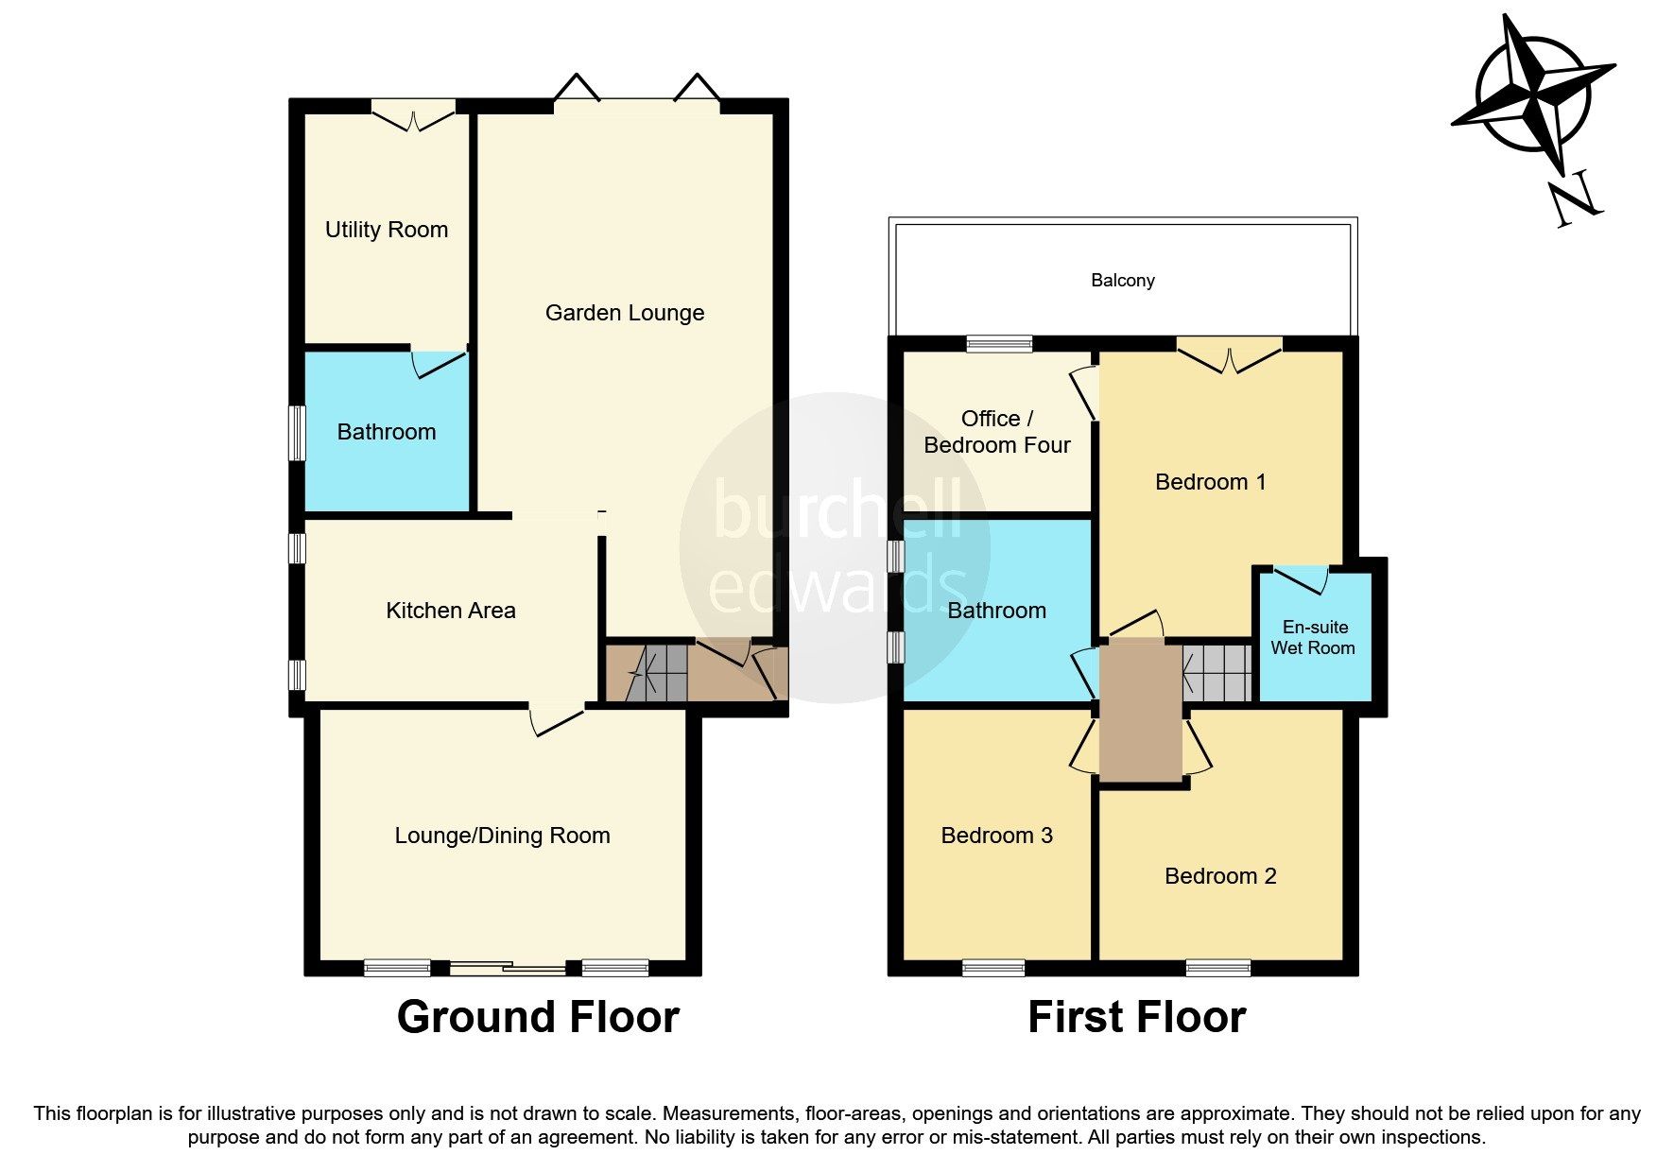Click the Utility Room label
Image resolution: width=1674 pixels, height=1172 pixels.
[x=386, y=230]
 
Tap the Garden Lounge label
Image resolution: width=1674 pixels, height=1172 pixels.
[x=624, y=313]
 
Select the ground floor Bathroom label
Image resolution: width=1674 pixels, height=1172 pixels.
[x=386, y=432]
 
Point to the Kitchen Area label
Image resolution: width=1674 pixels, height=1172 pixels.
[x=450, y=611]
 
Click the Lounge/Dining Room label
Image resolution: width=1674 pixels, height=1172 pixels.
[x=502, y=836]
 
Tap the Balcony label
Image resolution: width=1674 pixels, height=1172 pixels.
[x=1122, y=281]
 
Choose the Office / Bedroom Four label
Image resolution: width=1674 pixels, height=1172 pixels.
[x=996, y=432]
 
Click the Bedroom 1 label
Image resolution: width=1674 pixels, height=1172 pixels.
[x=1210, y=482]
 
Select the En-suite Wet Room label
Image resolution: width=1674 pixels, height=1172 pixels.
[x=1313, y=638]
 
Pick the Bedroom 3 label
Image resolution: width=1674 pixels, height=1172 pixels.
[x=996, y=836]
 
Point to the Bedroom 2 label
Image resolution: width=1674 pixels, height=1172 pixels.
[x=1219, y=876]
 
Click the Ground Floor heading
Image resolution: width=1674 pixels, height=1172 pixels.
[x=538, y=1018]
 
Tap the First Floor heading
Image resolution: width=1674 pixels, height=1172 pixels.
[x=1136, y=1018]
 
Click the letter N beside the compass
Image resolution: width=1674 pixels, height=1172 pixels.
[x=1575, y=199]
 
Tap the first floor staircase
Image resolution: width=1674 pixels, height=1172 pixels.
[x=1217, y=672]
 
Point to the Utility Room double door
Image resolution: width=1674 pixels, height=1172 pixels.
[x=413, y=115]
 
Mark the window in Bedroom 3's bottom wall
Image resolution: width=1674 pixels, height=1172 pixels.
[x=992, y=967]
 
